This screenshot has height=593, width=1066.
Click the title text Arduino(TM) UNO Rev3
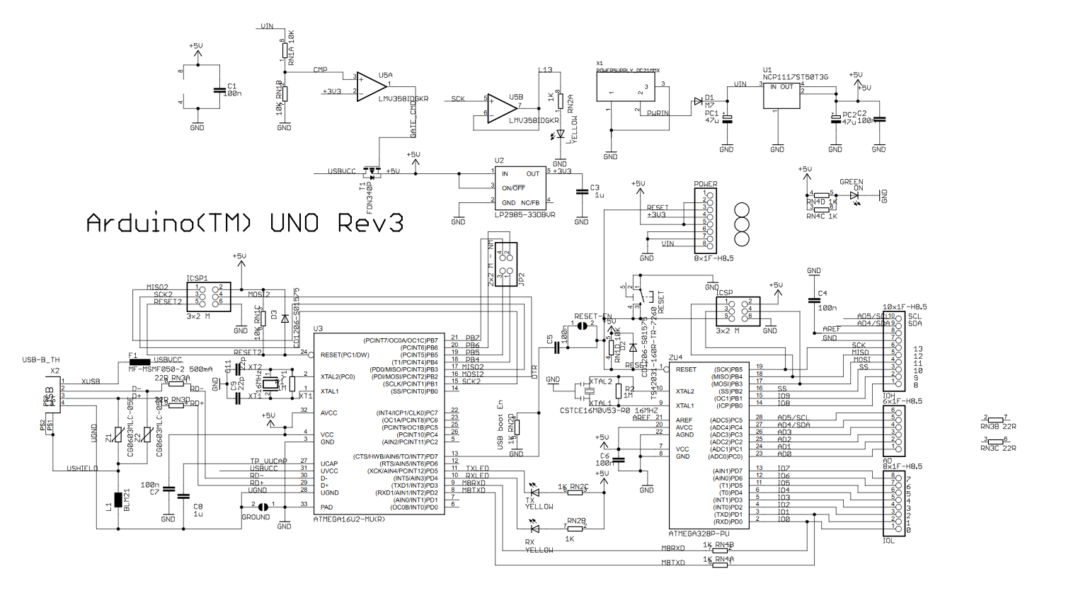point(244,224)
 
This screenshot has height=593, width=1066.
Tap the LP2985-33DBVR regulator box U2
point(520,188)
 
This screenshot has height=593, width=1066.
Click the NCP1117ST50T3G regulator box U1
point(781,96)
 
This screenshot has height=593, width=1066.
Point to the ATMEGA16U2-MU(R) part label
point(350,519)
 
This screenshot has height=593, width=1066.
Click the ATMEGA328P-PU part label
point(699,534)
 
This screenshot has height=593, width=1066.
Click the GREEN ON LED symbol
point(854,195)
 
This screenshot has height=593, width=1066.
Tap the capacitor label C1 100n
point(234,90)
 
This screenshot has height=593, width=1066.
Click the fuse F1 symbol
point(139,362)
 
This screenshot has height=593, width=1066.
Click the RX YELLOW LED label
point(539,546)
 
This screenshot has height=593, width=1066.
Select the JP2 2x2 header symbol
point(505,265)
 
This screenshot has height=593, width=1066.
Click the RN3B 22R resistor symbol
point(995,420)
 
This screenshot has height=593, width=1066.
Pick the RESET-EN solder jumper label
point(593,316)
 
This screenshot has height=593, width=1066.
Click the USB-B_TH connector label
point(41,359)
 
